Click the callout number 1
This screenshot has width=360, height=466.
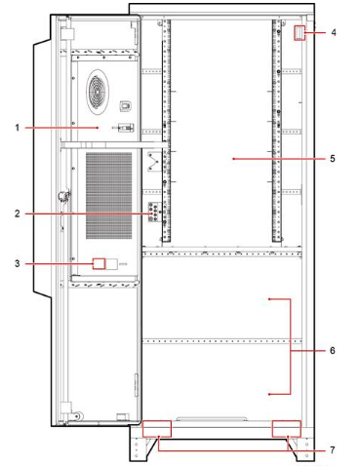[x=18, y=128]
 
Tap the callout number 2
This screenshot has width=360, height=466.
[x=18, y=214]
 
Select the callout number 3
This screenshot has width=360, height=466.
[x=18, y=263]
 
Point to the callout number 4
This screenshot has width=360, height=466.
[x=334, y=32]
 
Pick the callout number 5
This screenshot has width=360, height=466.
[x=333, y=159]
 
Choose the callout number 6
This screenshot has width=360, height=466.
[x=333, y=351]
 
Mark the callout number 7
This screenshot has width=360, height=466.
[x=333, y=450]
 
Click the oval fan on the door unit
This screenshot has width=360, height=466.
[x=98, y=92]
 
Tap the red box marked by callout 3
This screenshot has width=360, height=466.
[x=99, y=263]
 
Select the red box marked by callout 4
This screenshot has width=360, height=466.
[x=300, y=33]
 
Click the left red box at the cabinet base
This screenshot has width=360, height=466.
[x=157, y=429]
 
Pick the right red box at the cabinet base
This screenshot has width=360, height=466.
[x=287, y=429]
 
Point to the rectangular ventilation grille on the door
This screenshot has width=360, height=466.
[x=109, y=196]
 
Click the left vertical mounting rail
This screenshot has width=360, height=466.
[x=166, y=131]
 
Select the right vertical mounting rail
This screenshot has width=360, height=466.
[x=277, y=131]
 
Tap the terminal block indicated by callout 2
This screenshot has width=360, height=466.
[x=155, y=213]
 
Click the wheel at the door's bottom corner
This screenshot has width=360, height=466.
[x=78, y=415]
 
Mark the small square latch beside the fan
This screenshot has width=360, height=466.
[x=126, y=105]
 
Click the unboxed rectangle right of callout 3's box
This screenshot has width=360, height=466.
[x=112, y=264]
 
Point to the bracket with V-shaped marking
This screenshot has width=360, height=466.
[x=153, y=162]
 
